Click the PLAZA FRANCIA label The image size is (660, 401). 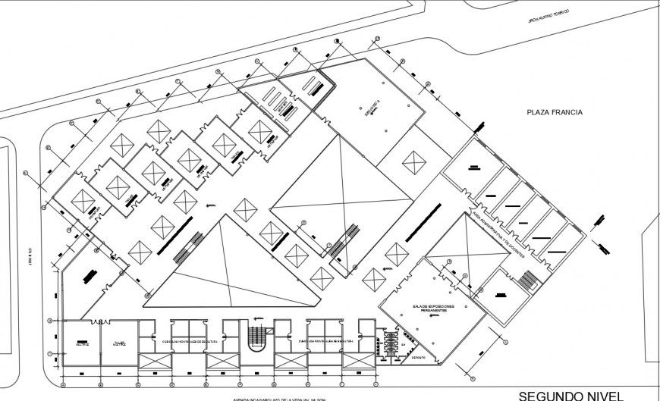point(555,112)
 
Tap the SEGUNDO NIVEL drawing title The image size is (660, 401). point(571,394)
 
